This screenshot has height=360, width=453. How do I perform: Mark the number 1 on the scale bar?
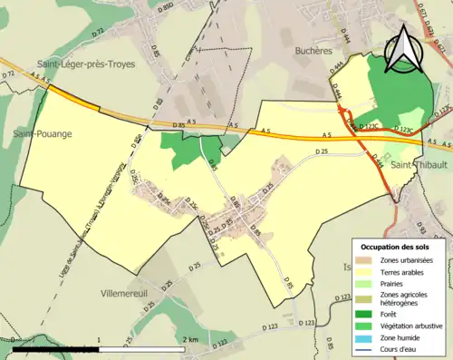(98, 339)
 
